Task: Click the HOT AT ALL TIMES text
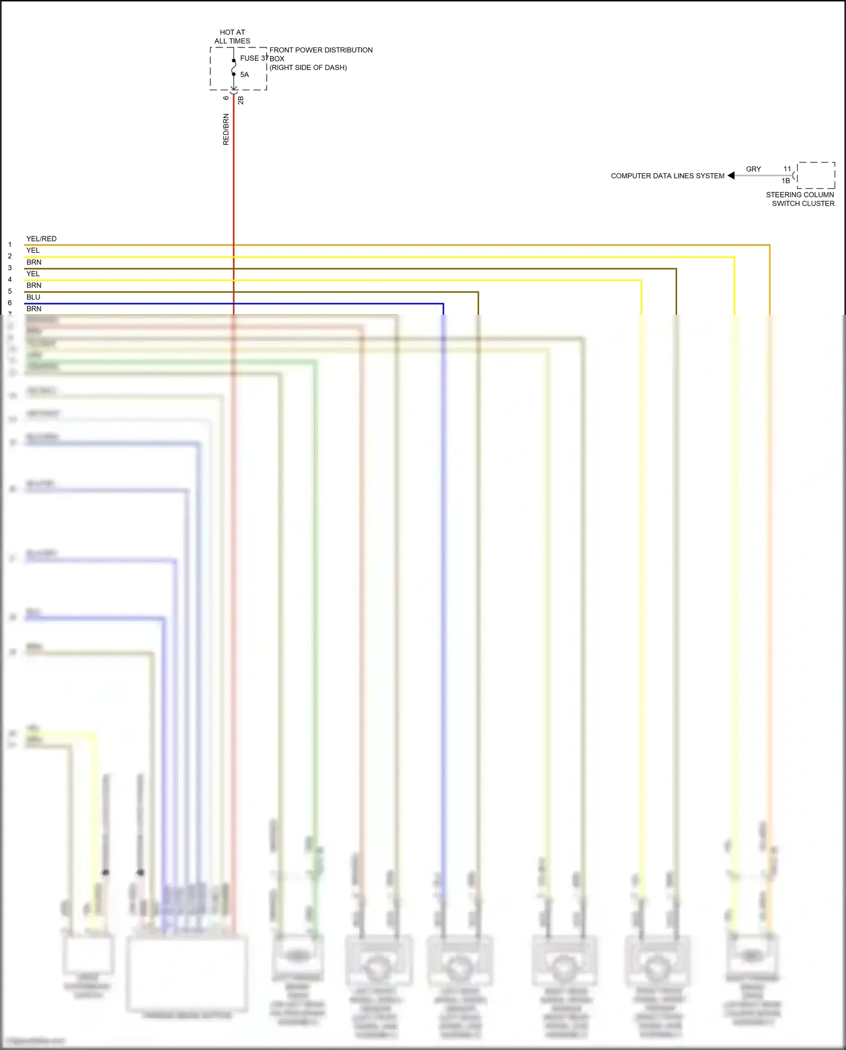point(232,37)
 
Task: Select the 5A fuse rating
point(244,74)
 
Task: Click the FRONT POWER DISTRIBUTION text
point(321,50)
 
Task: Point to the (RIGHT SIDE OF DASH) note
point(308,68)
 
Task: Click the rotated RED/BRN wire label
point(226,129)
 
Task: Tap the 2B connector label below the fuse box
point(241,100)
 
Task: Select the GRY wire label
point(754,169)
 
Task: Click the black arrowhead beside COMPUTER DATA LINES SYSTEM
point(732,175)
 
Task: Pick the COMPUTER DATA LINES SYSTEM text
point(667,176)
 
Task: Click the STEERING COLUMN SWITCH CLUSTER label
point(800,199)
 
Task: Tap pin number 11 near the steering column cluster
point(787,169)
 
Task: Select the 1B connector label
point(786,181)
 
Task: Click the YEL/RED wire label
point(41,239)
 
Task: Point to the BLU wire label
point(33,297)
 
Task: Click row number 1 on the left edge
point(10,244)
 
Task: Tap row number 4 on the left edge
point(10,279)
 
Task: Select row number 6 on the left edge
point(10,303)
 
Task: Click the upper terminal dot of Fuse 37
point(233,60)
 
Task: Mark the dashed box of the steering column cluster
point(816,175)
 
